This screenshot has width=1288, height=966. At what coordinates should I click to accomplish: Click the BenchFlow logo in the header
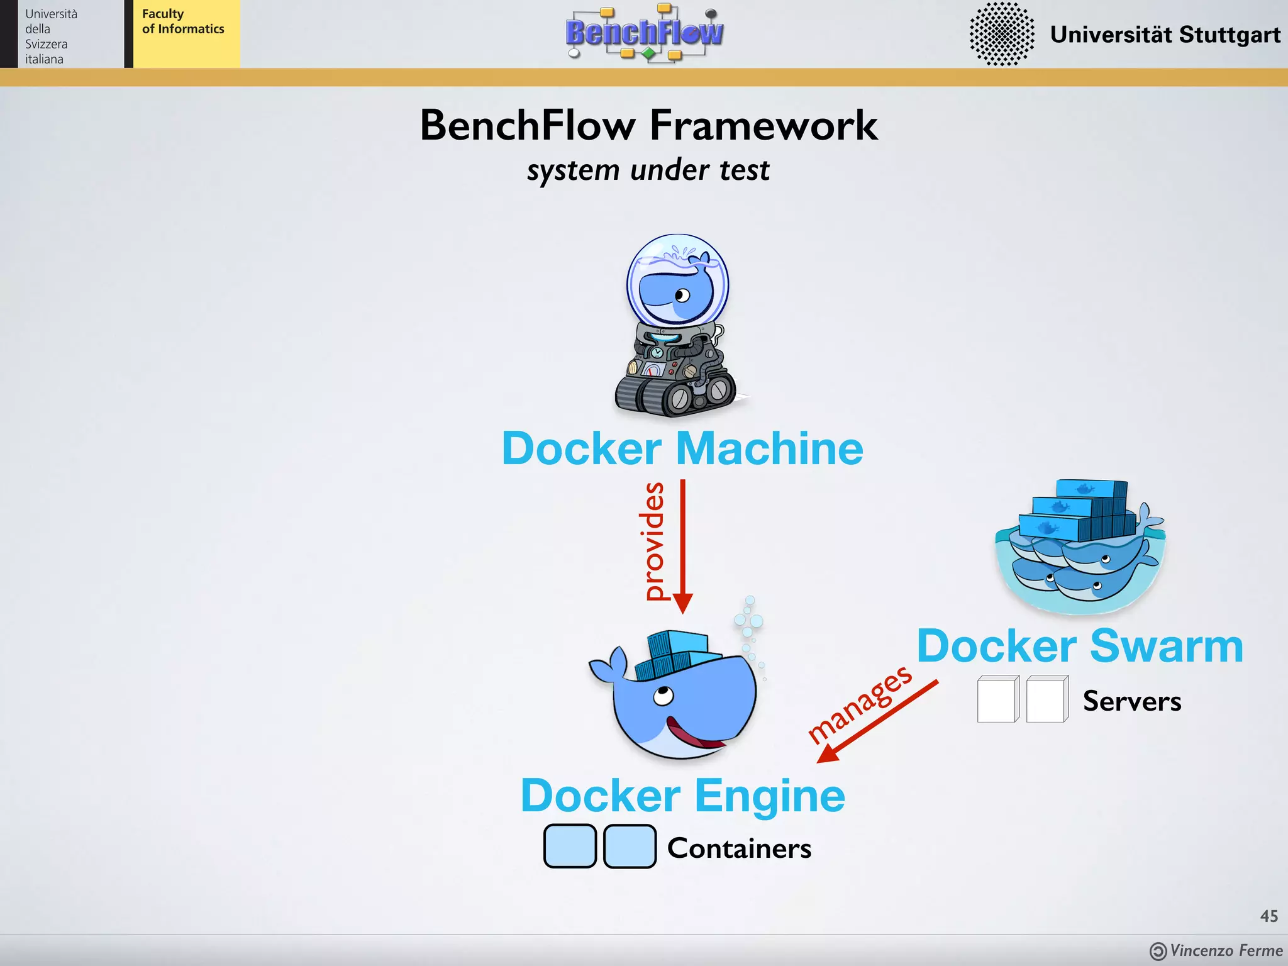point(645,33)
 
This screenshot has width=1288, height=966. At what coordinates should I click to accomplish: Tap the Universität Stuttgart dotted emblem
point(1001,34)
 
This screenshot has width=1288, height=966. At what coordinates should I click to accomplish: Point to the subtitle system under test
point(648,170)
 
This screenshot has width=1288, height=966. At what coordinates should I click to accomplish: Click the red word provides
point(654,541)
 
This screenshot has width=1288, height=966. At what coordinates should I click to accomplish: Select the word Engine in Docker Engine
point(770,796)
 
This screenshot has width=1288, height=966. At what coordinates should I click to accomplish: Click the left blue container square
point(570,847)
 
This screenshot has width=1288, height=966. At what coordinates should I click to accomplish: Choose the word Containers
point(739,848)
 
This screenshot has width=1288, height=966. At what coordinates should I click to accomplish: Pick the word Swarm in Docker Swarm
point(1166,646)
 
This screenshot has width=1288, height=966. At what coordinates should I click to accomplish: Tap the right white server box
point(1046,699)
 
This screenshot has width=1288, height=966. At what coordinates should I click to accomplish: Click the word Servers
point(1131,701)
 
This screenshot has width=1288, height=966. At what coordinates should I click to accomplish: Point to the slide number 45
point(1269,916)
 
